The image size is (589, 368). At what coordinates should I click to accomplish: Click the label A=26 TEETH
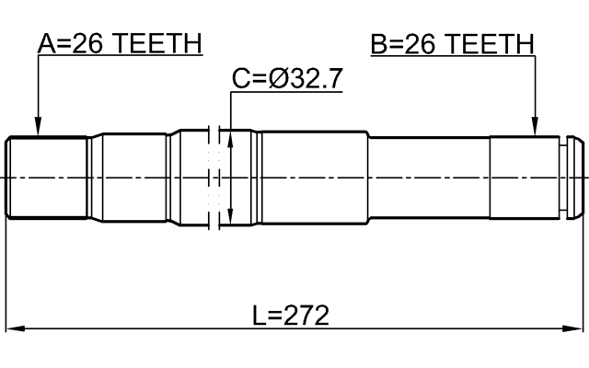pyautogui.click(x=120, y=43)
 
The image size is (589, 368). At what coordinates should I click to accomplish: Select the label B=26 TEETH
pyautogui.click(x=452, y=43)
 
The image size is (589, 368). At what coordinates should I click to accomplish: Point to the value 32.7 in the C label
pyautogui.click(x=318, y=80)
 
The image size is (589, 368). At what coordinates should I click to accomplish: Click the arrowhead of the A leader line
pyautogui.click(x=38, y=130)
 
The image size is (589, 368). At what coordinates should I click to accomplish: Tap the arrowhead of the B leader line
pyautogui.click(x=535, y=130)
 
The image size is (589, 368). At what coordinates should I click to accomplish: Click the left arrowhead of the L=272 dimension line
pyautogui.click(x=15, y=328)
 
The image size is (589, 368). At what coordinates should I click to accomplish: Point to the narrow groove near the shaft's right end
pyautogui.click(x=562, y=178)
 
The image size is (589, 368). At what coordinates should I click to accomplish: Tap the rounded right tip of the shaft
pyautogui.click(x=576, y=178)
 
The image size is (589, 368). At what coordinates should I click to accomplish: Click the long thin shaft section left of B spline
pyautogui.click(x=428, y=178)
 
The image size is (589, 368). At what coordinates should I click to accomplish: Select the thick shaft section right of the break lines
pyautogui.click(x=313, y=177)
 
